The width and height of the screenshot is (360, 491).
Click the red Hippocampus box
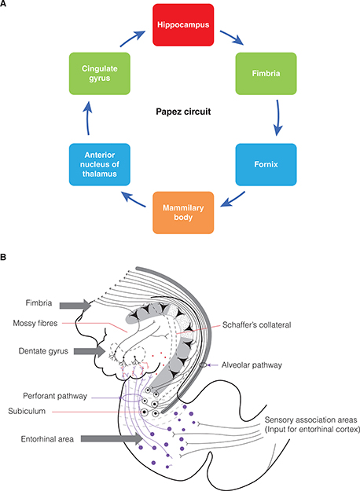[181, 24]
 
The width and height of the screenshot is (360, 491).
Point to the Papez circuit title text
[181, 123]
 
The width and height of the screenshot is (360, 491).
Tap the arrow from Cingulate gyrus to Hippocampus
[127, 38]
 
